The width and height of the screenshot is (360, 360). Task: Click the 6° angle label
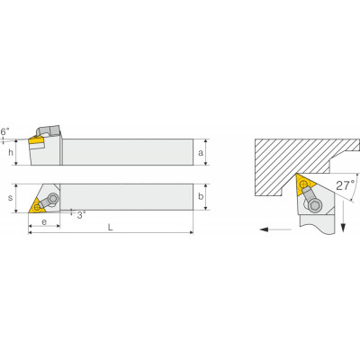[5, 131]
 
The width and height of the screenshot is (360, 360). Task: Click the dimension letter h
[11, 152]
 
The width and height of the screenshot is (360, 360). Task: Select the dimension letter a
[201, 153]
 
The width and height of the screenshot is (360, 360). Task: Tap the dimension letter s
[11, 198]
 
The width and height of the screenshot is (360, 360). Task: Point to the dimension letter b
[201, 196]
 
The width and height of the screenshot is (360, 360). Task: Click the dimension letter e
[44, 222]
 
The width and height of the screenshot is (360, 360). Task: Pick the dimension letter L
[111, 228]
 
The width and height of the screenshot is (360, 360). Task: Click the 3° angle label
[81, 215]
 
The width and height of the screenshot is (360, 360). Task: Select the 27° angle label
[345, 185]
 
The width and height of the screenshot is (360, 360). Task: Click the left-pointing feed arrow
[275, 229]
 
